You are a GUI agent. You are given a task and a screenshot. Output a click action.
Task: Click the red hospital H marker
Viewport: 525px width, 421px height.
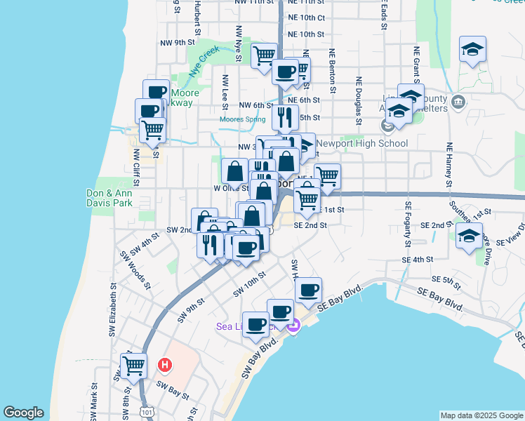click(x=165, y=365)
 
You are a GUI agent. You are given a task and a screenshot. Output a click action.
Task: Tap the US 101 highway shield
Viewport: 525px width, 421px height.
click(x=146, y=414)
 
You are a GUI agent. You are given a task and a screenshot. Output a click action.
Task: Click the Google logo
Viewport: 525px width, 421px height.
click(x=23, y=413)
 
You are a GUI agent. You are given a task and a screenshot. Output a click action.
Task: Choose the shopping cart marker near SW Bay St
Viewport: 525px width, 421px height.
click(x=133, y=364)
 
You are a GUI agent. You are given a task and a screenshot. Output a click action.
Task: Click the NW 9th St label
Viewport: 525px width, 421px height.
click(x=177, y=43)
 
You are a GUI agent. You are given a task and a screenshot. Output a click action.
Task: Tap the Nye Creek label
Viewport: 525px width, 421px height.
click(x=204, y=61)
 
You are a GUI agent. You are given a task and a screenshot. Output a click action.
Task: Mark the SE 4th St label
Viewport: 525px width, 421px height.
click(x=418, y=259)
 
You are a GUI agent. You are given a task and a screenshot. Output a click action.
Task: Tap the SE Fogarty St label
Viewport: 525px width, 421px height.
click(x=408, y=225)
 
